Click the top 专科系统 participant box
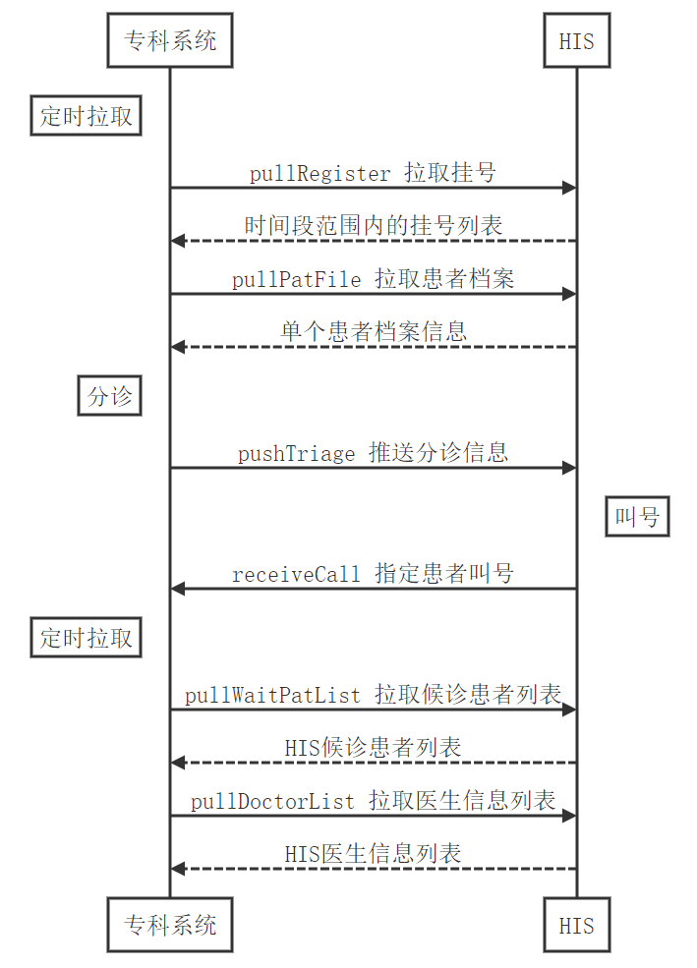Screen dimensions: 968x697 (x=169, y=40)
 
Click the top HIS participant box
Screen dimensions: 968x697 (x=576, y=40)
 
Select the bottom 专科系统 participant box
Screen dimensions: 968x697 (x=169, y=924)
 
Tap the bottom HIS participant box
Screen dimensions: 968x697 (x=576, y=924)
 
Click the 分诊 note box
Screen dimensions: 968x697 (x=109, y=397)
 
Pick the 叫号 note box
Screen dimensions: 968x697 (x=637, y=516)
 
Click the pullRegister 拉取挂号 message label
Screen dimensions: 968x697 (x=373, y=174)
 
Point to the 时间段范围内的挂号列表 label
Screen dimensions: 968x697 (x=373, y=226)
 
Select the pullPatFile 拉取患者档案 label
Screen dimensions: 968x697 (x=373, y=279)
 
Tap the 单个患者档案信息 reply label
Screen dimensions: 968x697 (x=373, y=331)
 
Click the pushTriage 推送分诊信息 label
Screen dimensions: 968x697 (x=373, y=453)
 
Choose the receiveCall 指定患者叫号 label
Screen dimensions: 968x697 (x=373, y=574)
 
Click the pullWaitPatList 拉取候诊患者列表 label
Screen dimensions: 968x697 (x=373, y=696)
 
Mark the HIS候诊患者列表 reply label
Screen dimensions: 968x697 (x=373, y=748)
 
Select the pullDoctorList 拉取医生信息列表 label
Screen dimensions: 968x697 (x=373, y=801)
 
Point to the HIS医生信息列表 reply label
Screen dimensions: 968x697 (x=373, y=853)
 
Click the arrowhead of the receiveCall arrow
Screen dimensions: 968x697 (x=178, y=589)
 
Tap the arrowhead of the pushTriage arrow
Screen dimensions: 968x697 (x=568, y=468)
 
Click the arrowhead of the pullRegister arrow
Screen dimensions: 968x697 (x=568, y=188)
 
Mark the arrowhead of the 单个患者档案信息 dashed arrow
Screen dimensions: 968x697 (x=178, y=347)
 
